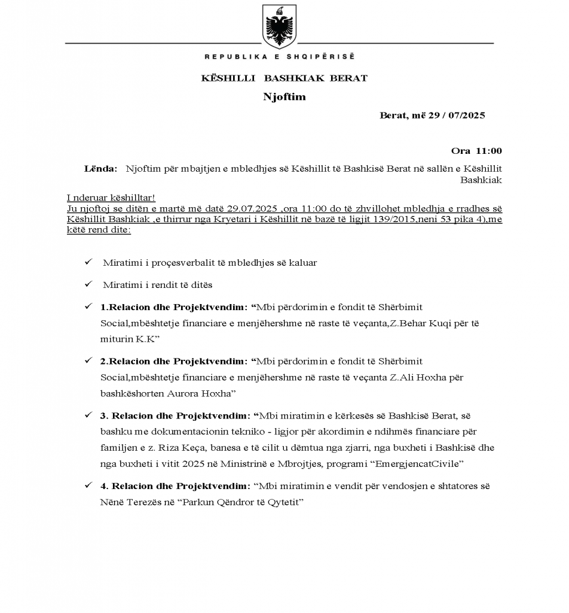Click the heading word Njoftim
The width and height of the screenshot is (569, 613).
(x=284, y=97)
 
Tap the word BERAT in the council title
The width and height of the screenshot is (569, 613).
(x=348, y=78)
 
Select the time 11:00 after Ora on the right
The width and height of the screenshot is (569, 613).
(x=489, y=151)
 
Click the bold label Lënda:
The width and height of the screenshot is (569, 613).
(x=101, y=169)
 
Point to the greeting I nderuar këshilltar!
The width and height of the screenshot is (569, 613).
(x=111, y=198)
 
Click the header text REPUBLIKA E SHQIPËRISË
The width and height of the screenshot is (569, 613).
(x=279, y=57)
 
